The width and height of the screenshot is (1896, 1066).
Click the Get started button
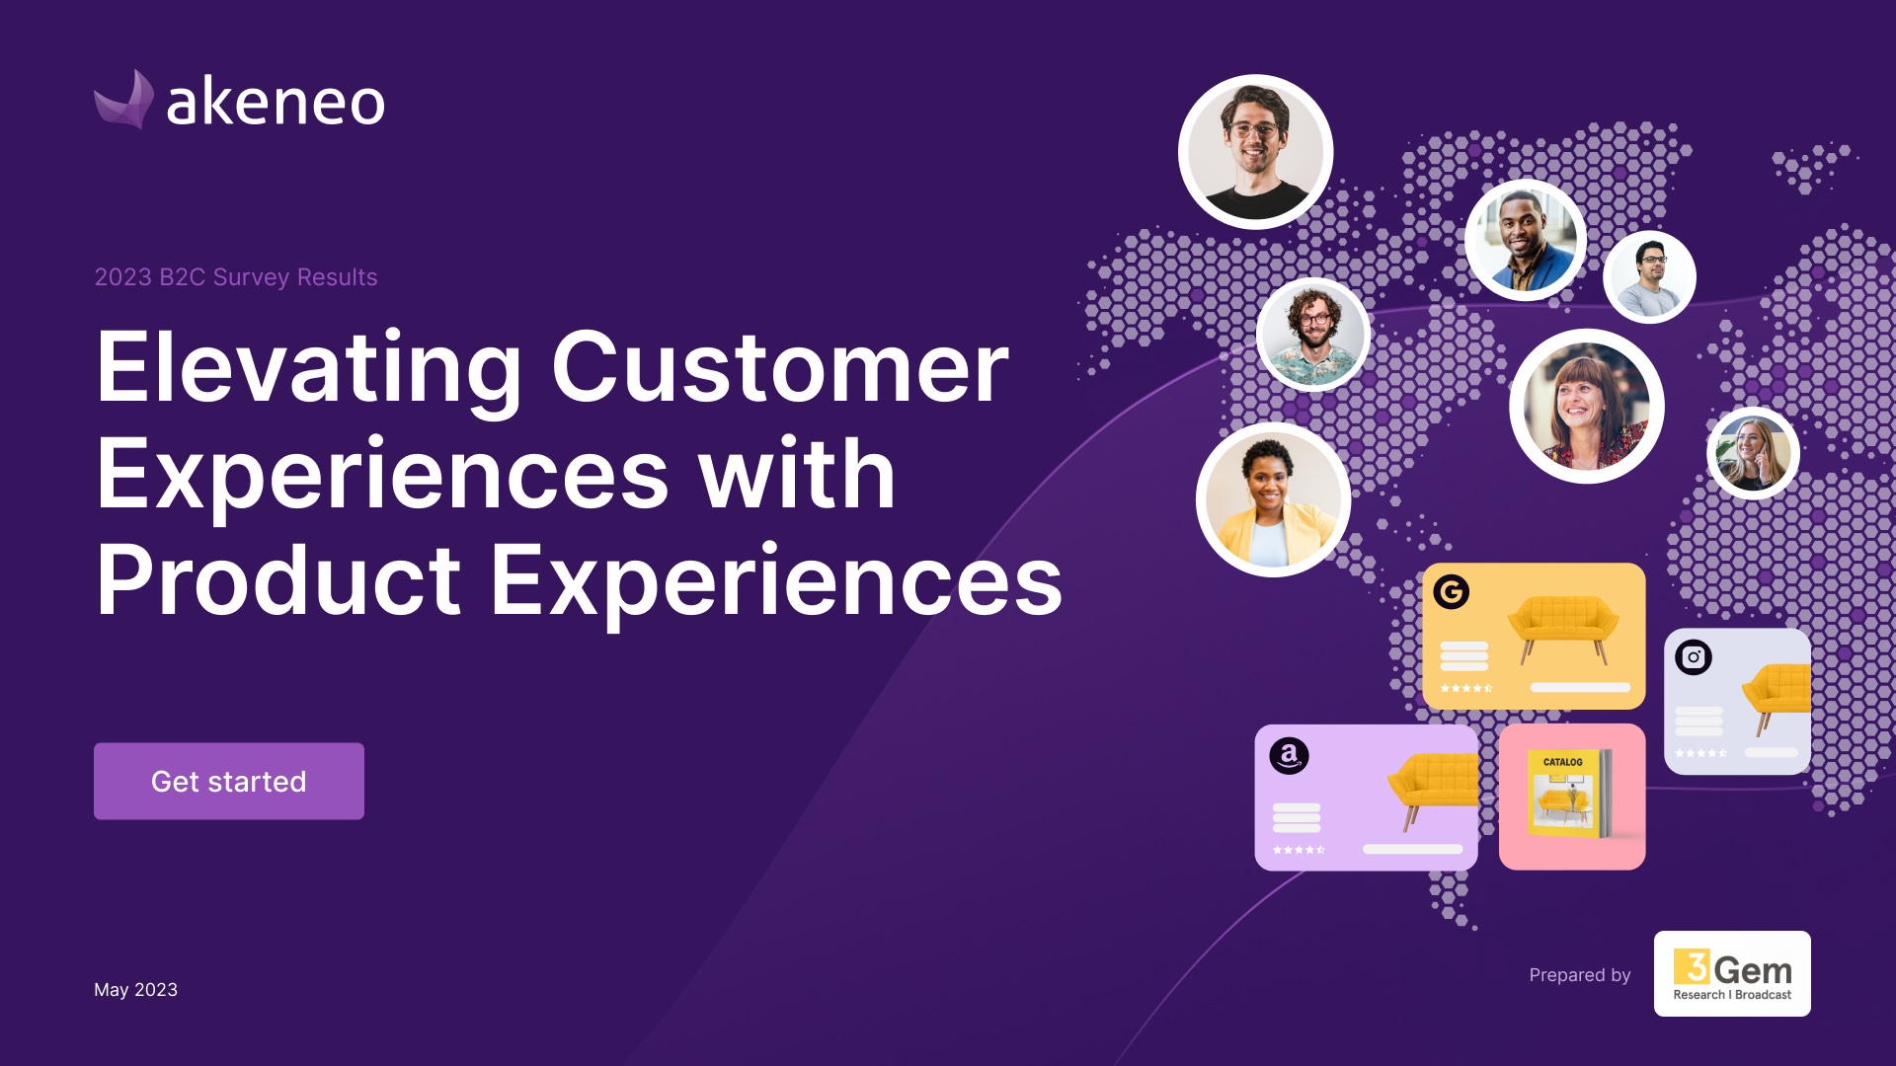229,781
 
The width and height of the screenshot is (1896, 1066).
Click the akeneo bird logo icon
124,100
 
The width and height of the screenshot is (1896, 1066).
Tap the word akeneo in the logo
276,102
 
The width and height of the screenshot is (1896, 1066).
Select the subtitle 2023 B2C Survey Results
236,277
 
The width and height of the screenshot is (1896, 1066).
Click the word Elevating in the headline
309,369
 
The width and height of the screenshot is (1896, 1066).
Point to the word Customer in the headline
780,367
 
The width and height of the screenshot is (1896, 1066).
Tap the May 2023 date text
136,990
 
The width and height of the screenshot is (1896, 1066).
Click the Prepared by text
1580,975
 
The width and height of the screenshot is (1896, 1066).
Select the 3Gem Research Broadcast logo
1732,973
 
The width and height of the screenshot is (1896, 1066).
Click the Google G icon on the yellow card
1452,592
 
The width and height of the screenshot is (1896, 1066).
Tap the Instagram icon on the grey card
1694,657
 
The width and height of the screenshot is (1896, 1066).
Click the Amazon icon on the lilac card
1289,756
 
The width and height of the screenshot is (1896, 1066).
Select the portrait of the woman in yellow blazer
1274,500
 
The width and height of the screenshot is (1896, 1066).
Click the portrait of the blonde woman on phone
1754,453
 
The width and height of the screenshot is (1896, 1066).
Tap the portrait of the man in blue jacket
1526,241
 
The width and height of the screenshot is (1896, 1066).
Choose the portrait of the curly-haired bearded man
1313,335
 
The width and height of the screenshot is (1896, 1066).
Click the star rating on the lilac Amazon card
1300,850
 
